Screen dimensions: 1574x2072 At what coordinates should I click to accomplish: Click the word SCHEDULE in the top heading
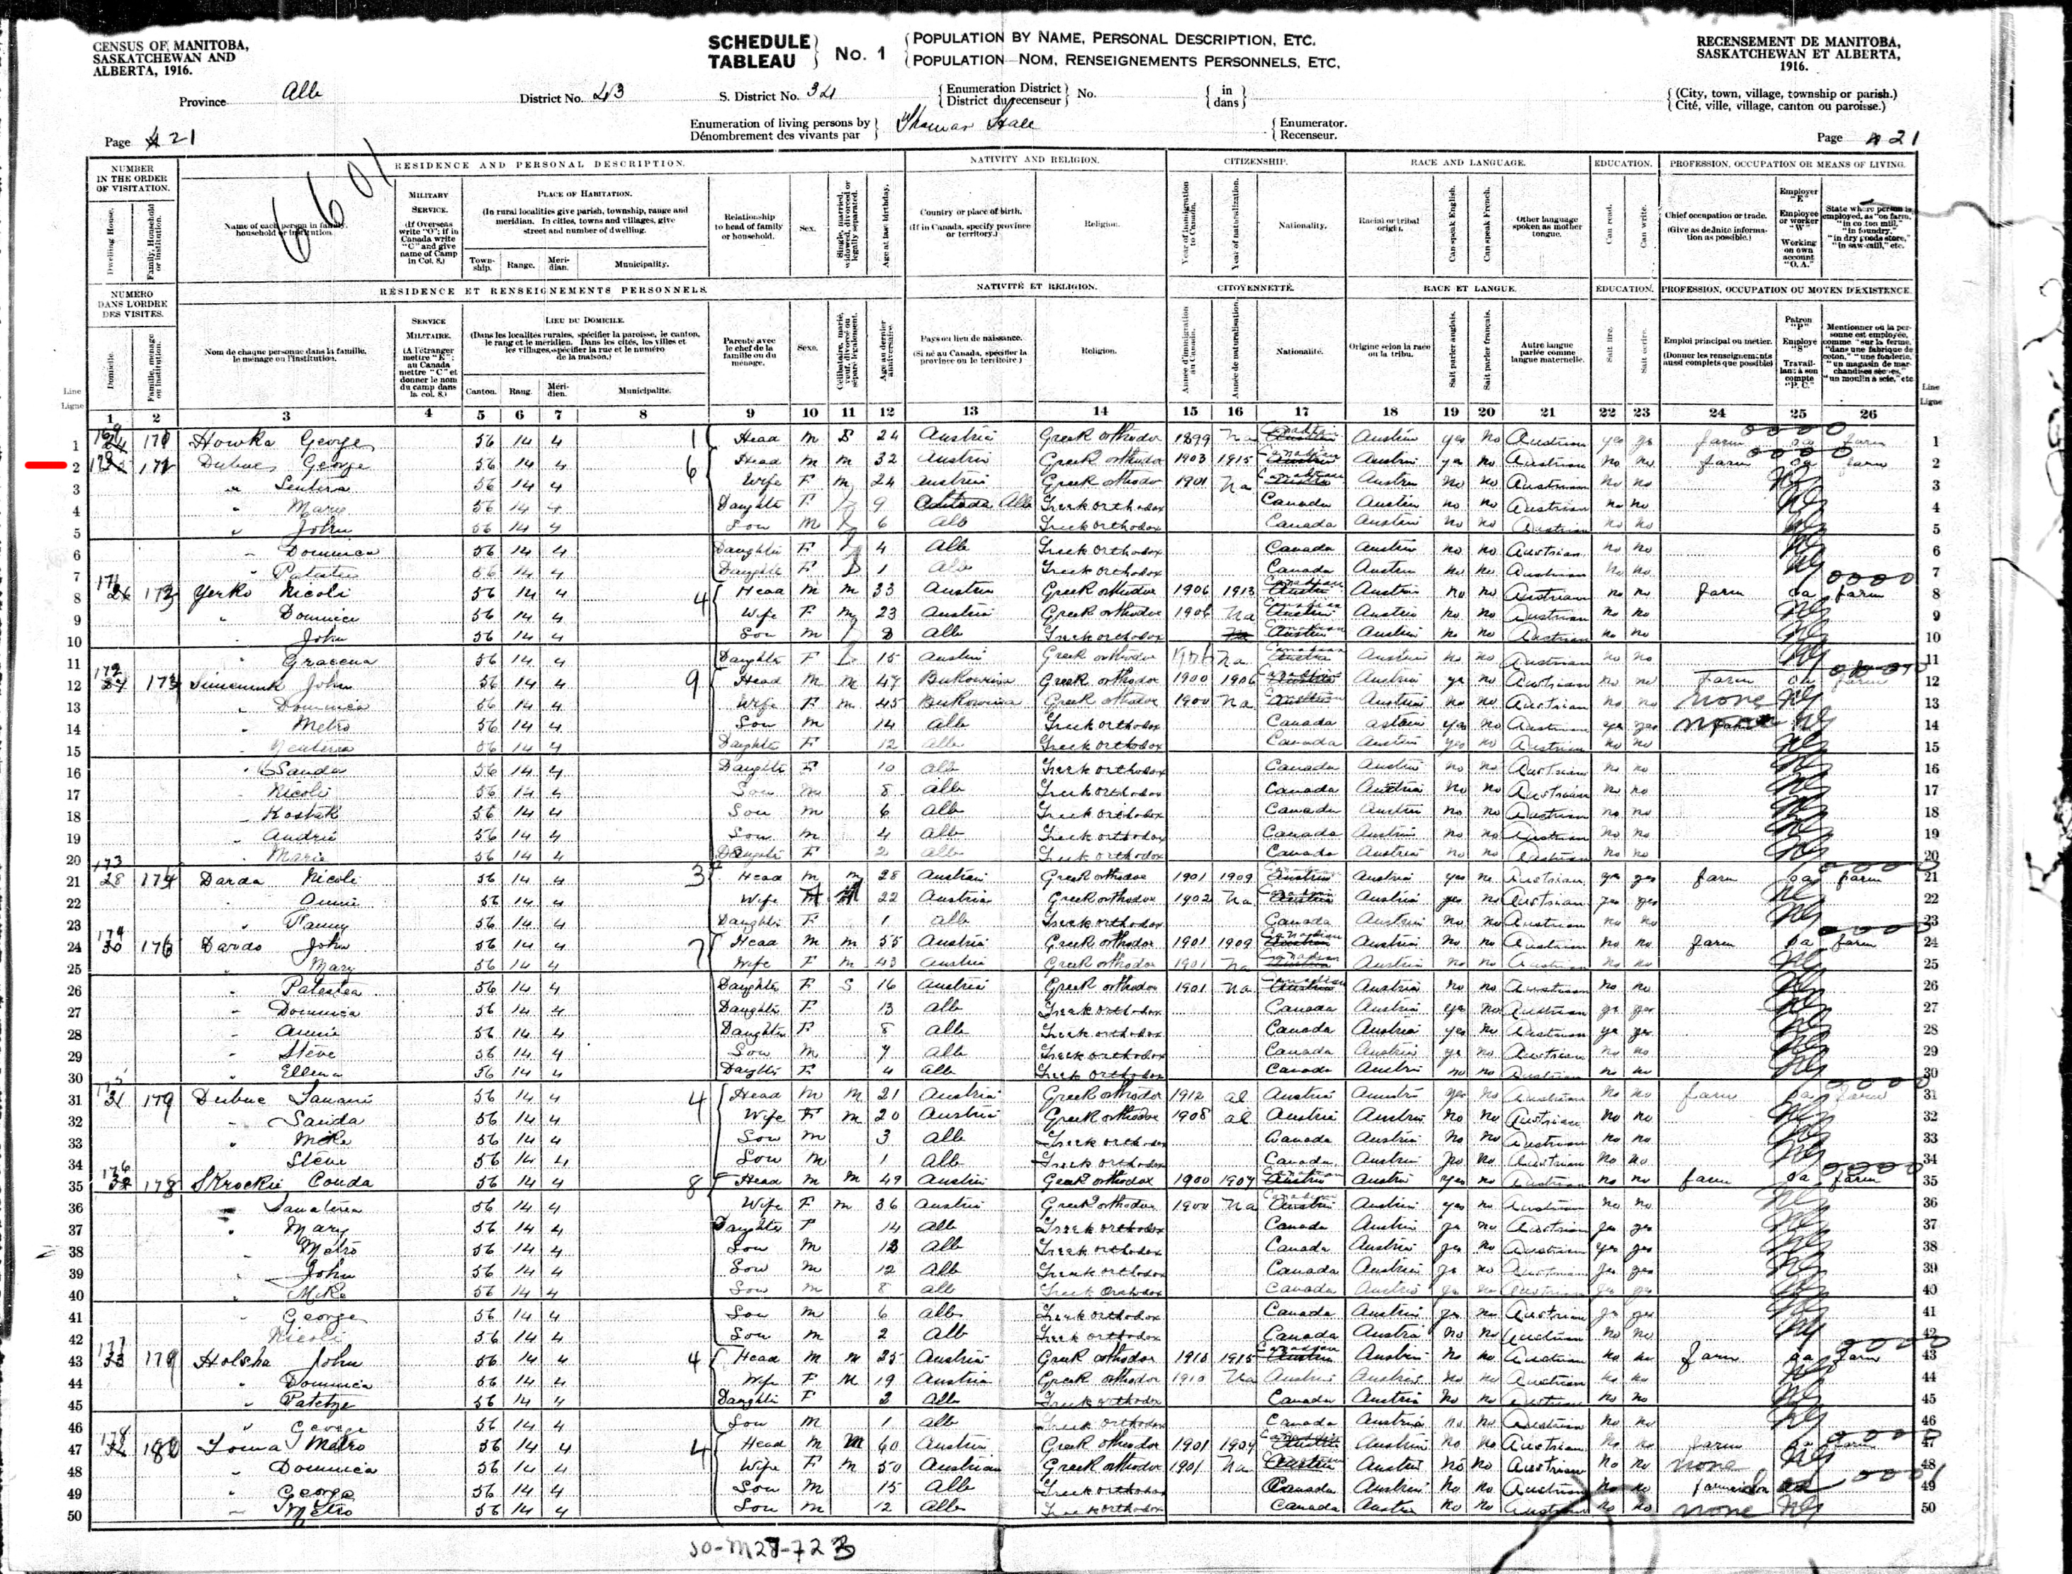pos(758,43)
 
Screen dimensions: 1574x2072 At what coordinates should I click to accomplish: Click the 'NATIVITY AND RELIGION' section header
pos(1034,161)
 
